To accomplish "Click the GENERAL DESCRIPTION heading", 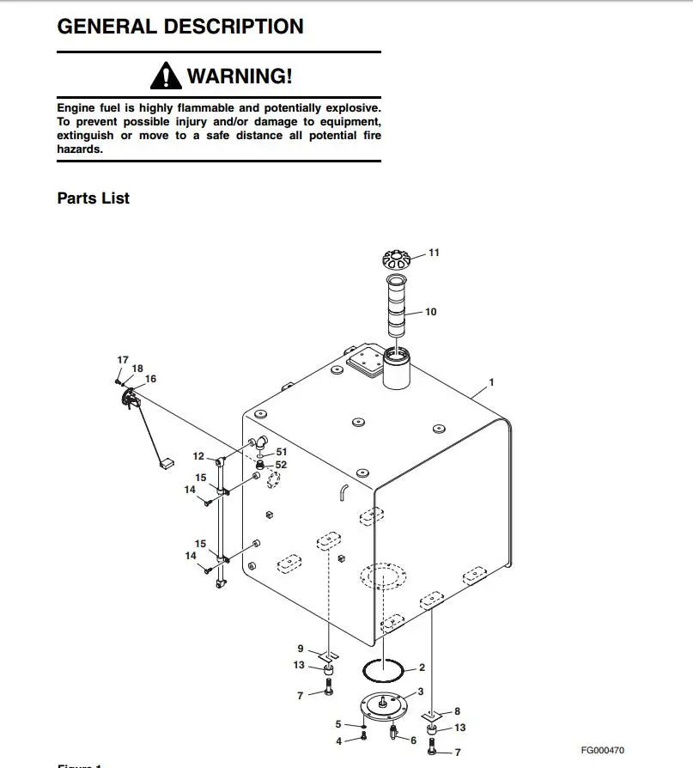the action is click(179, 27).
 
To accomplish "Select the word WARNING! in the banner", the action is click(239, 76).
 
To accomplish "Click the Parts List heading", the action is click(93, 198).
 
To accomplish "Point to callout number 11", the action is click(434, 253).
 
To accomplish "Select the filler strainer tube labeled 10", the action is click(396, 306).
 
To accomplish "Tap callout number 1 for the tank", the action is click(491, 381).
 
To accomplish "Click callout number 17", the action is click(123, 359).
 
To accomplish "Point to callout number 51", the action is click(281, 451).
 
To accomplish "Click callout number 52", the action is click(281, 465).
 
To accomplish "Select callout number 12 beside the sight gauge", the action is click(198, 456).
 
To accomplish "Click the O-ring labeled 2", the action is click(384, 667).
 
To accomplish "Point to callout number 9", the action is click(301, 649).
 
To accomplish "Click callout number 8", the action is click(457, 711).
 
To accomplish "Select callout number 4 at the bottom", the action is click(338, 741).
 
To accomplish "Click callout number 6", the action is click(413, 741).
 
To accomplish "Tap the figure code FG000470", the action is click(602, 750).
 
